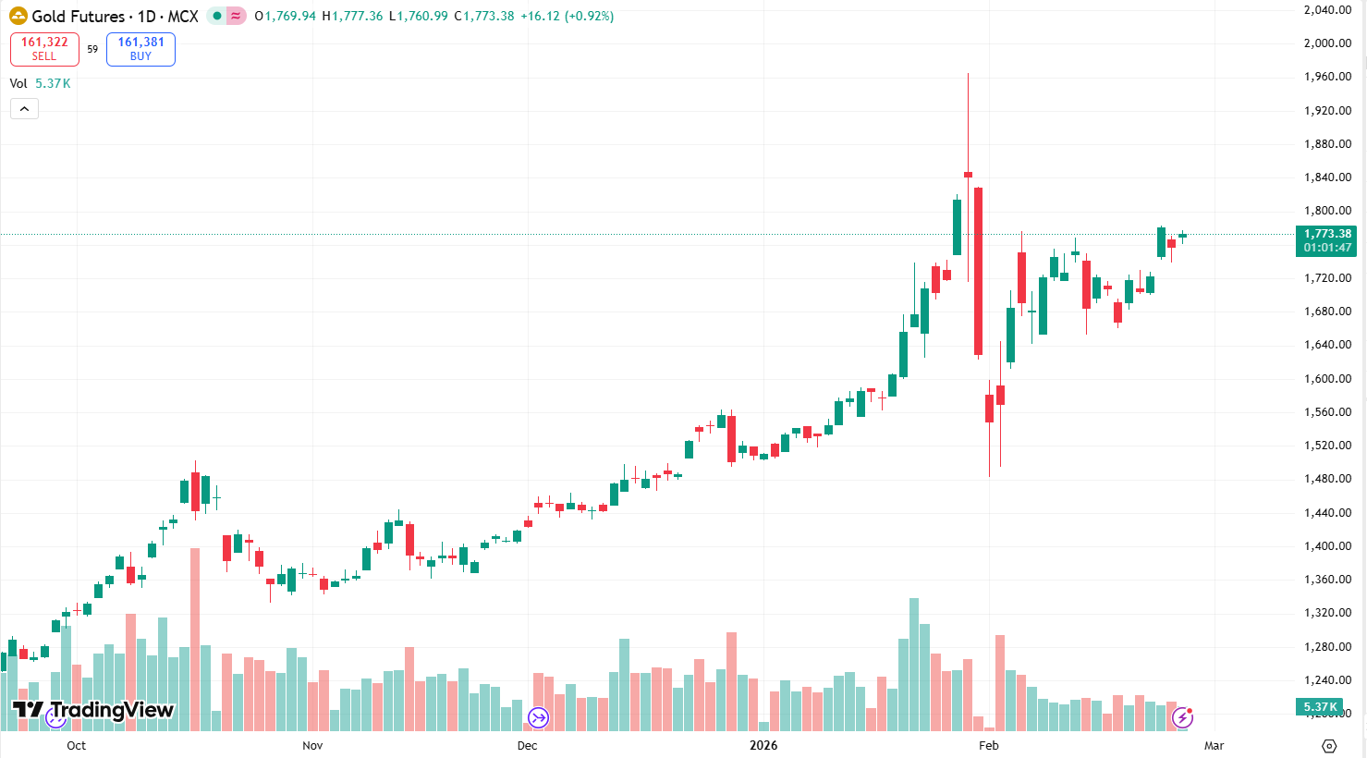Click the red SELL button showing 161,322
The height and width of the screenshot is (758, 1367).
(x=44, y=49)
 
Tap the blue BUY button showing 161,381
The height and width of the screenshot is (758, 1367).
(x=140, y=49)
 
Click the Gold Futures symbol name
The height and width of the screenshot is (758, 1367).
(x=78, y=17)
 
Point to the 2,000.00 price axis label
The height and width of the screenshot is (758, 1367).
(x=1327, y=43)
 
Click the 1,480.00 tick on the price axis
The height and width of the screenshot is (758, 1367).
(x=1327, y=479)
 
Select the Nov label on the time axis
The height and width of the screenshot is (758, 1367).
(x=312, y=745)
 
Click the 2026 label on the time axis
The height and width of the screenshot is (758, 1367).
(x=763, y=745)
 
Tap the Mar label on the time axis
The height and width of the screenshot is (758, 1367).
(x=1214, y=745)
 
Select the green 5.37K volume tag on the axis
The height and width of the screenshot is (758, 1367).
(x=1320, y=707)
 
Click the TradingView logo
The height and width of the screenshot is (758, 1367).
(x=92, y=710)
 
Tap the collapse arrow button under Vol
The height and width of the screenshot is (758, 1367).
(x=24, y=109)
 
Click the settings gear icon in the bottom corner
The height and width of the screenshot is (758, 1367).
(x=1329, y=746)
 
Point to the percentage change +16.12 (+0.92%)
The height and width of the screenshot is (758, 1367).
(x=567, y=17)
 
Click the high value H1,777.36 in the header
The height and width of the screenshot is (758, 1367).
(x=352, y=17)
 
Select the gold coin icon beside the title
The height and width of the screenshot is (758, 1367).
(x=18, y=16)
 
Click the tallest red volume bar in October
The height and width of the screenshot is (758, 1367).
(x=195, y=638)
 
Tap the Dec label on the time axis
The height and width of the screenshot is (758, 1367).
(x=527, y=745)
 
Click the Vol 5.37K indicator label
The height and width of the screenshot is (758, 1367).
(x=40, y=83)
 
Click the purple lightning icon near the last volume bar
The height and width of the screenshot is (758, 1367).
(x=1182, y=717)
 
